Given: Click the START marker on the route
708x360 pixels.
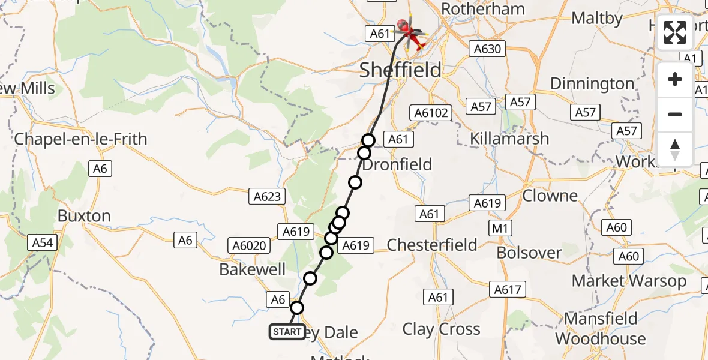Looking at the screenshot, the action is point(287,332).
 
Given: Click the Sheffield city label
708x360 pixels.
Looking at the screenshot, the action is point(400,70).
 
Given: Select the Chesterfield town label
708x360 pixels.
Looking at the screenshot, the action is point(432,245).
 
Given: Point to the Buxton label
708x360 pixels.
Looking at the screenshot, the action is point(84,216).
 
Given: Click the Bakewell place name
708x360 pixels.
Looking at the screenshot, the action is point(253,269).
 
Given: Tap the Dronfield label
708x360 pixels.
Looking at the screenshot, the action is point(397,164).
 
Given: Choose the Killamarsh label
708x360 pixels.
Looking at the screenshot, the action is point(509,139).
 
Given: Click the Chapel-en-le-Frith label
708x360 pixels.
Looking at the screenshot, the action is point(80,139).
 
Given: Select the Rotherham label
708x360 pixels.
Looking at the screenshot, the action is point(483,9).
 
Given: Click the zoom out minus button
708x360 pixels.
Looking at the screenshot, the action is point(675,114).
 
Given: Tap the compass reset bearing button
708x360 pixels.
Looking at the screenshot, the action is point(675,148).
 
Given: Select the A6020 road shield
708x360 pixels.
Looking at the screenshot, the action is point(248,245).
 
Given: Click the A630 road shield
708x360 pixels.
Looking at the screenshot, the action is point(487,49).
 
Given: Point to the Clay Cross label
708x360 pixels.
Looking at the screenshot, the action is point(442,329).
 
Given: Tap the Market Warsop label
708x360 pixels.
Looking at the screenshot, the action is point(629,281).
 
